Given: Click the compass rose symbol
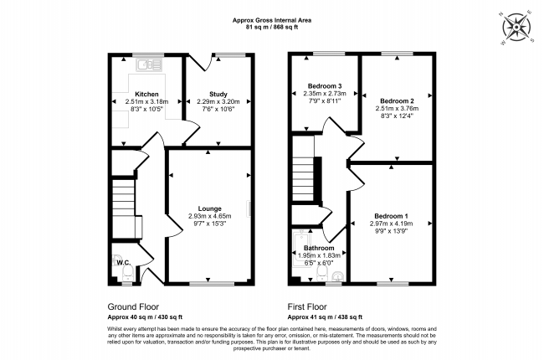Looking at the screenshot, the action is pos(516,28).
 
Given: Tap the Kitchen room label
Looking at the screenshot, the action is pos(146,94).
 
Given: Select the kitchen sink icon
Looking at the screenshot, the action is pos(149,64).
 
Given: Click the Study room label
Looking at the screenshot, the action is pos(218,94).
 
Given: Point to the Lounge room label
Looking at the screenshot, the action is pos(209,208).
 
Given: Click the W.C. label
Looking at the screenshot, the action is pos(124,262).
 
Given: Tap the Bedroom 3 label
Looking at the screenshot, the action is pos(325,85).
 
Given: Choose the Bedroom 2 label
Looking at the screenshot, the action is pos(397,101).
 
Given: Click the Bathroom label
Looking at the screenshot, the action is pos(319,248).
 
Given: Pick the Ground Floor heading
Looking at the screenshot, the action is pos(133,307).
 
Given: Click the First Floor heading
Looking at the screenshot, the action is pos(307,307).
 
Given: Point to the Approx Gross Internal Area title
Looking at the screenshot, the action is pos(272,20).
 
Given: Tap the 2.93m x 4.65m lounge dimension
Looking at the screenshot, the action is pos(209,216).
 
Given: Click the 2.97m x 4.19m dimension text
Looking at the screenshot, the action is pos(391,224).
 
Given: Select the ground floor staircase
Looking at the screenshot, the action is pos(123,208).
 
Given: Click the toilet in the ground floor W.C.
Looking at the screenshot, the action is pos(128,275).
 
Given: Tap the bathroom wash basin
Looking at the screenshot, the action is pos(337,276).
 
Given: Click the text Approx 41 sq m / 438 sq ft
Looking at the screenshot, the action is pos(325,317).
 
